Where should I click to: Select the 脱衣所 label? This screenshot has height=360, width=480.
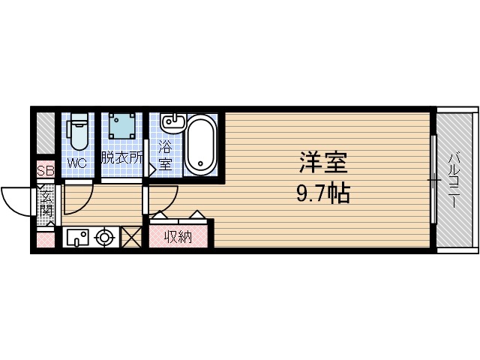(x=121, y=158)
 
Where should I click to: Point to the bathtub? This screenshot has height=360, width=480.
(x=199, y=145)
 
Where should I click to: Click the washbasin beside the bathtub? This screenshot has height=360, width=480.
(x=172, y=121)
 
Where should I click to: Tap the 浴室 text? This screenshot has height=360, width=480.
(x=165, y=155)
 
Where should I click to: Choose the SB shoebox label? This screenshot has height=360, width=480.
(x=46, y=171)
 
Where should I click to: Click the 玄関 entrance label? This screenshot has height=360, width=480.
(x=46, y=204)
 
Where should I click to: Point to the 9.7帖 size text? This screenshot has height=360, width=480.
(x=323, y=195)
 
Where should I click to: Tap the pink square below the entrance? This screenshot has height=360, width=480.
(x=46, y=241)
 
